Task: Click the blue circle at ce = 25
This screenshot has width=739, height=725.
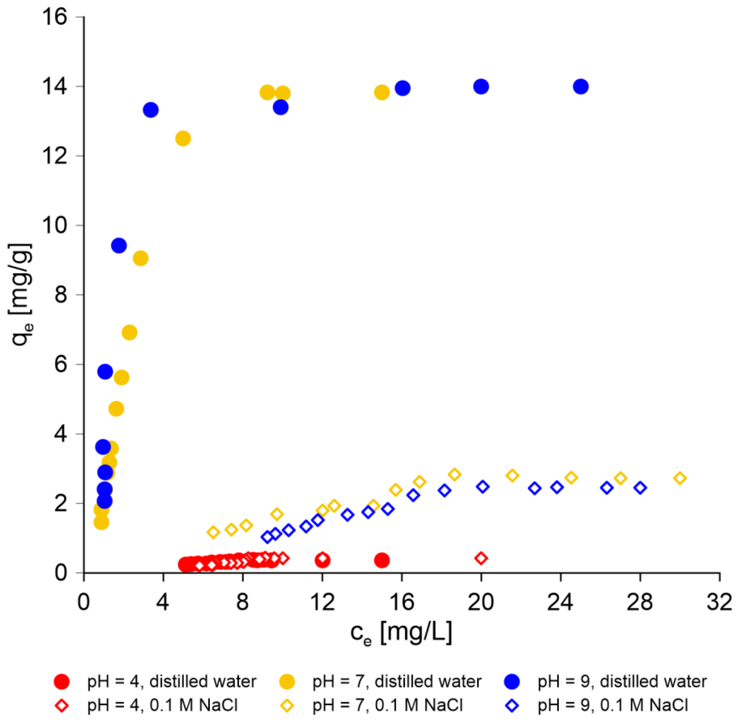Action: tap(581, 87)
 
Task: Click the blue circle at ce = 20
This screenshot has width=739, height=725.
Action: tap(481, 87)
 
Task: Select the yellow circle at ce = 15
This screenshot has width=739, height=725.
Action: tap(382, 92)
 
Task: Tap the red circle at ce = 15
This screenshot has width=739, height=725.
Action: tap(382, 560)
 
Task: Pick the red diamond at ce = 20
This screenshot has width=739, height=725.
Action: tap(481, 558)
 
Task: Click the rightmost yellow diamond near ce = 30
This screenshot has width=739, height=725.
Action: tap(680, 478)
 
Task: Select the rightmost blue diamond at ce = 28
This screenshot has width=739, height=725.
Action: tap(640, 488)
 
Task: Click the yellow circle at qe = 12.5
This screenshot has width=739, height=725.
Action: tap(183, 138)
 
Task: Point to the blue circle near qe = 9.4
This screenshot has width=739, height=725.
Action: tap(119, 246)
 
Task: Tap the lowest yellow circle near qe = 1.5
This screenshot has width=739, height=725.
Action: tap(101, 522)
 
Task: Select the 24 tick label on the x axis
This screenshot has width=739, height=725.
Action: tap(560, 603)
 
